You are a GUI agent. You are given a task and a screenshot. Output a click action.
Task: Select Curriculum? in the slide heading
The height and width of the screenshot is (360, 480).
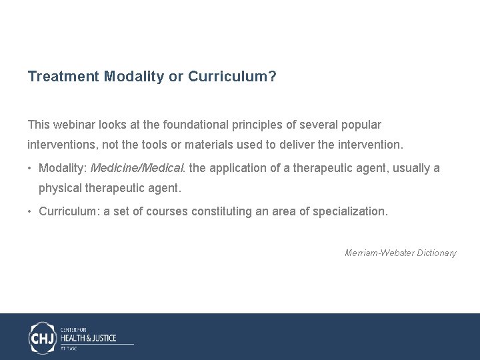point(232,77)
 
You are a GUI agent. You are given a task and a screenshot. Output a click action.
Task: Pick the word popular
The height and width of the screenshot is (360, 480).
point(360,125)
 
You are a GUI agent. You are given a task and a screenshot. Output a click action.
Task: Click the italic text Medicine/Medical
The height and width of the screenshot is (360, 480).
point(138,168)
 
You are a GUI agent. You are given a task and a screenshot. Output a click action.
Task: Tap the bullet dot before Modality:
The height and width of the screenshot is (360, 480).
point(31,168)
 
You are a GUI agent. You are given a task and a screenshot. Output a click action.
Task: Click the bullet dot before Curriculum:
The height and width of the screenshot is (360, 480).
point(31,212)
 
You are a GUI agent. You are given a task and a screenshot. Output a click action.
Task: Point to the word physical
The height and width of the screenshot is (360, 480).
point(60,188)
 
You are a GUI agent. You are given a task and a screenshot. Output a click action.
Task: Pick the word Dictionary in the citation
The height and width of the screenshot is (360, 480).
point(437,253)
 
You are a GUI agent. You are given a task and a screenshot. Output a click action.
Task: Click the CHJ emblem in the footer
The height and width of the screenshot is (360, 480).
point(43,337)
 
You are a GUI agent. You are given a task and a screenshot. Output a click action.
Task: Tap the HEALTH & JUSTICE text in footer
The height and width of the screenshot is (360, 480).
point(88,338)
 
